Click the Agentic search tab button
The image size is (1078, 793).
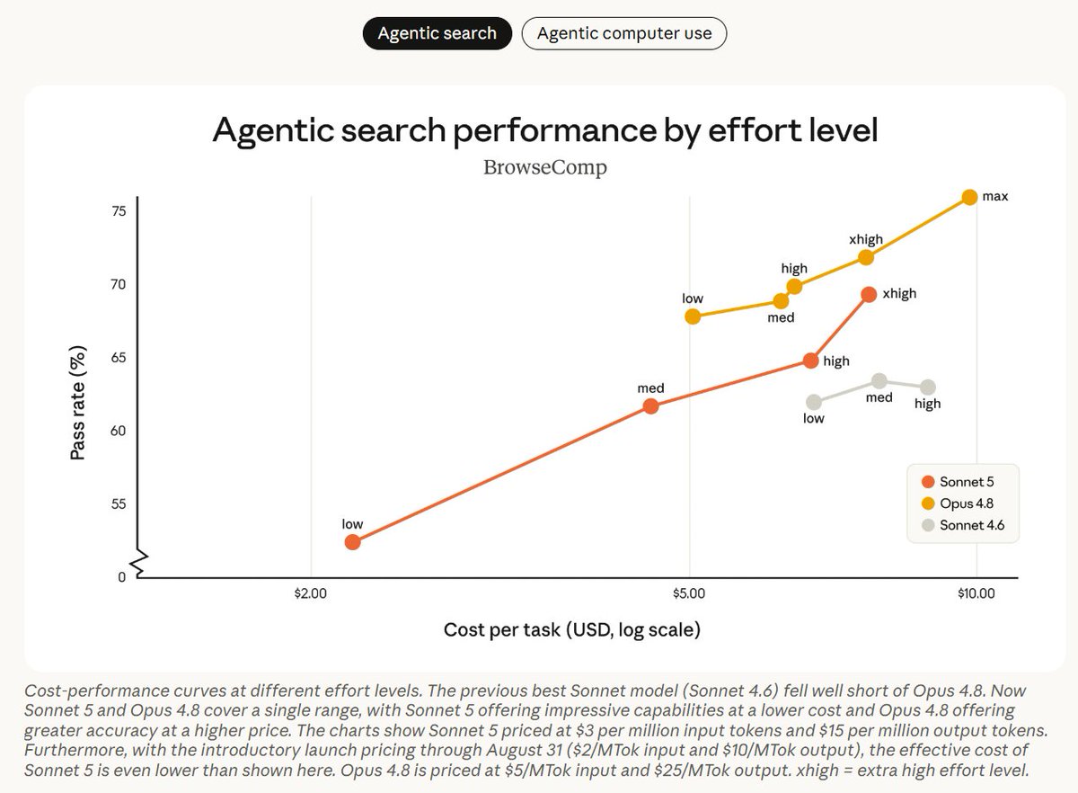437,33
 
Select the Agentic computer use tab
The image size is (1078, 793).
623,33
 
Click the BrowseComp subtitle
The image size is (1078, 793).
544,167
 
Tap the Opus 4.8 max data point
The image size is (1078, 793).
969,197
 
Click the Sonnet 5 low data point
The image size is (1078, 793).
352,542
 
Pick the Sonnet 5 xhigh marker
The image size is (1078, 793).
869,294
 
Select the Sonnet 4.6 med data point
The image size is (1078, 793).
879,381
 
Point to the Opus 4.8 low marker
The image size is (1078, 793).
692,316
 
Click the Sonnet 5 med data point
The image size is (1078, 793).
650,406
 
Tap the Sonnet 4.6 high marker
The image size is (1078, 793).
928,387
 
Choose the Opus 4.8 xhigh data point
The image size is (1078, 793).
866,258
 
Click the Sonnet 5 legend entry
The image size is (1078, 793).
958,482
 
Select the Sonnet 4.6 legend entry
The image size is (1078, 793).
963,525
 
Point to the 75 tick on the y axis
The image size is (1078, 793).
119,211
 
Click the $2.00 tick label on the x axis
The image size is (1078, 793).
311,593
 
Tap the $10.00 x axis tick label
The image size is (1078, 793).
976,593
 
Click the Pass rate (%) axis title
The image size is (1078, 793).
77,403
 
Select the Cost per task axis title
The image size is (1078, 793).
571,630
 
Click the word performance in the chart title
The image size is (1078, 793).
555,131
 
